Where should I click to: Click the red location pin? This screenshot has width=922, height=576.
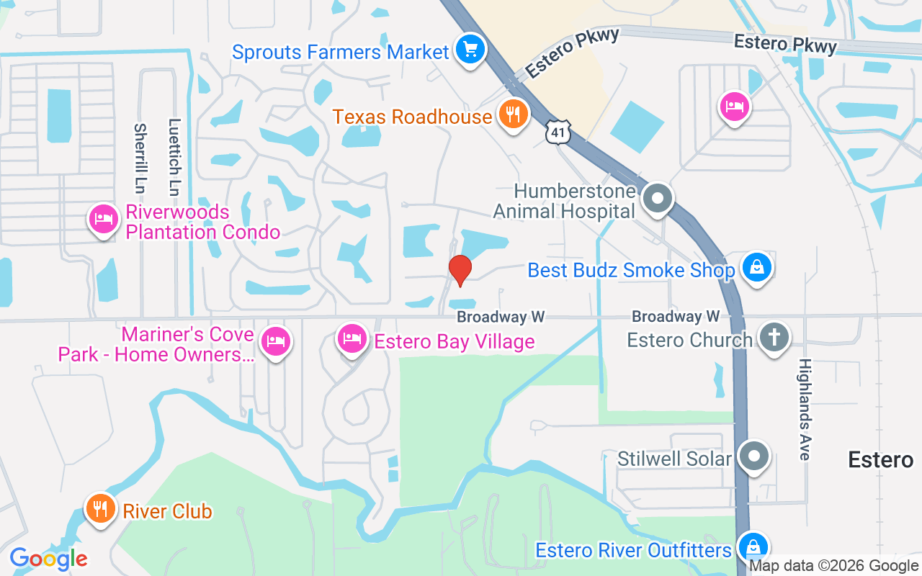[460, 269]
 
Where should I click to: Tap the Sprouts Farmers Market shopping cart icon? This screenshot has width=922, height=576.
[470, 50]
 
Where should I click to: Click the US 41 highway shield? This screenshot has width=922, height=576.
[560, 132]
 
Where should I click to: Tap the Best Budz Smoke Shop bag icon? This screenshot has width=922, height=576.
[756, 268]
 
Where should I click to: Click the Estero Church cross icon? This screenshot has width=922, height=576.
[774, 338]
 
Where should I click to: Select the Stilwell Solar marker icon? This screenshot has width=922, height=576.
[754, 456]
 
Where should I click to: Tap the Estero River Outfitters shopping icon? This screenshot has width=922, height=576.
[753, 548]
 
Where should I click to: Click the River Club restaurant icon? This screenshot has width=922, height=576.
[101, 509]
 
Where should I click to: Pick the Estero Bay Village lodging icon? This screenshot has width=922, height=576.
[352, 338]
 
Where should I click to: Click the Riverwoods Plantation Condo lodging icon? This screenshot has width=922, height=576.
[104, 219]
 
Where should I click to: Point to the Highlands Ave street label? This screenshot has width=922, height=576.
[805, 409]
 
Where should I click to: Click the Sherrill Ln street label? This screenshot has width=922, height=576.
[140, 158]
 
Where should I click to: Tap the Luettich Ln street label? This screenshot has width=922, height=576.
[174, 158]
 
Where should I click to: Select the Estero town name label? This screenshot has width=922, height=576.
[880, 459]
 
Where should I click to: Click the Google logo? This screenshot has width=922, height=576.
[48, 559]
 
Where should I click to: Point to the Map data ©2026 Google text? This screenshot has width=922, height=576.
[834, 567]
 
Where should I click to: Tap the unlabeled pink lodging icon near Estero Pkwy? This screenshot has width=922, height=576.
[734, 107]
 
